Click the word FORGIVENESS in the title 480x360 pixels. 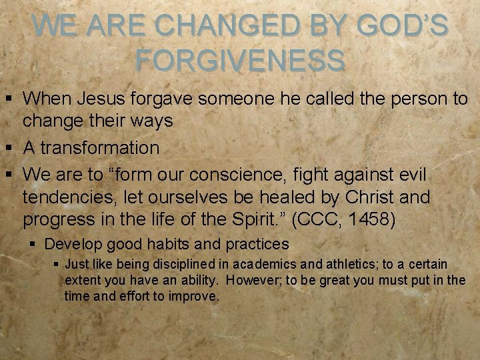240,60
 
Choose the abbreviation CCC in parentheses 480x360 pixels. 313,220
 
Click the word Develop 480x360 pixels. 72,245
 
